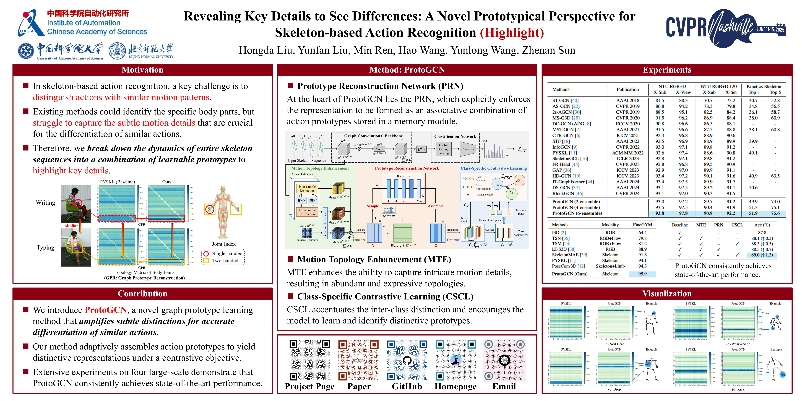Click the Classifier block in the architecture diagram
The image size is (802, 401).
468,149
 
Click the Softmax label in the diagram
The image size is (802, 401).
388,216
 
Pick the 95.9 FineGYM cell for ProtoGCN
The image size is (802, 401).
642,274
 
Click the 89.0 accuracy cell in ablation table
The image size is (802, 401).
762,255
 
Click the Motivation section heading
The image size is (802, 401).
142,70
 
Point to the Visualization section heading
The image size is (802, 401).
667,294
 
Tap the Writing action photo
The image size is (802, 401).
76,204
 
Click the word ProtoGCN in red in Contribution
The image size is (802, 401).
106,310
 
